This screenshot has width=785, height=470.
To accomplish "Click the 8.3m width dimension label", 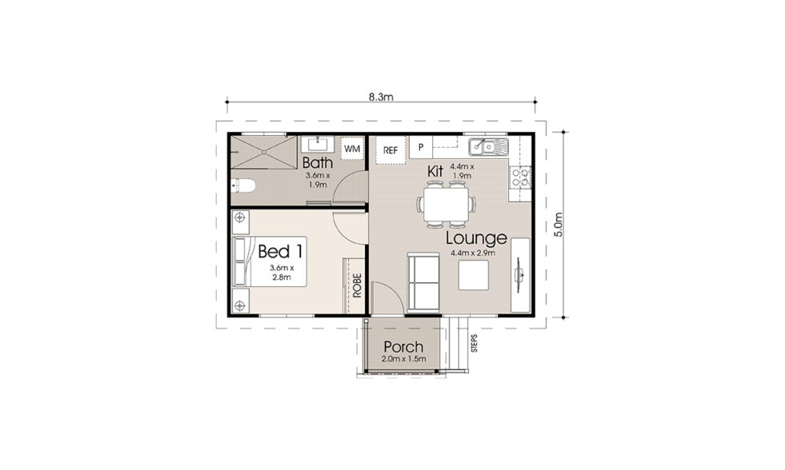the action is click(x=381, y=97).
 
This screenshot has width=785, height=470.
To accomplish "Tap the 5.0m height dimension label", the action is click(x=559, y=225).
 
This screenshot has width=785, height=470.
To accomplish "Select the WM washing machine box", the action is click(x=352, y=149).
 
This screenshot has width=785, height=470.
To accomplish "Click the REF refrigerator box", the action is click(x=390, y=150).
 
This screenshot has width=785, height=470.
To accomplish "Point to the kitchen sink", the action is click(x=489, y=147).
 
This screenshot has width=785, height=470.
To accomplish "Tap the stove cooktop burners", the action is click(x=521, y=177).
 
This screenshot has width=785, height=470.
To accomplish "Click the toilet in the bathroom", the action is click(x=243, y=186).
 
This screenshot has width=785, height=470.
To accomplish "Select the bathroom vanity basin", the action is click(x=318, y=144).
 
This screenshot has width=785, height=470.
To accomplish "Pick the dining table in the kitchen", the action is click(x=447, y=205).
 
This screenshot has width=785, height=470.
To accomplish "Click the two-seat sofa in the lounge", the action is click(x=423, y=282).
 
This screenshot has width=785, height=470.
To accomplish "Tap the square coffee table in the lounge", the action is click(x=474, y=276).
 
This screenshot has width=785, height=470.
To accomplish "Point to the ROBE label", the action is click(x=357, y=285).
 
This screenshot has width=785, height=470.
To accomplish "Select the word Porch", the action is click(x=403, y=346).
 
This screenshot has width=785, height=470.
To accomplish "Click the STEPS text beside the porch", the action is click(x=474, y=344).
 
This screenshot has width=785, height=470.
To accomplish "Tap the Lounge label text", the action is click(x=476, y=238).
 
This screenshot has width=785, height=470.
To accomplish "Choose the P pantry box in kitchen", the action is click(x=421, y=148).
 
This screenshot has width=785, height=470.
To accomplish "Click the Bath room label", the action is click(x=318, y=162).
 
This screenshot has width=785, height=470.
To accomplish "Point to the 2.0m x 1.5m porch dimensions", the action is click(x=403, y=359).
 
